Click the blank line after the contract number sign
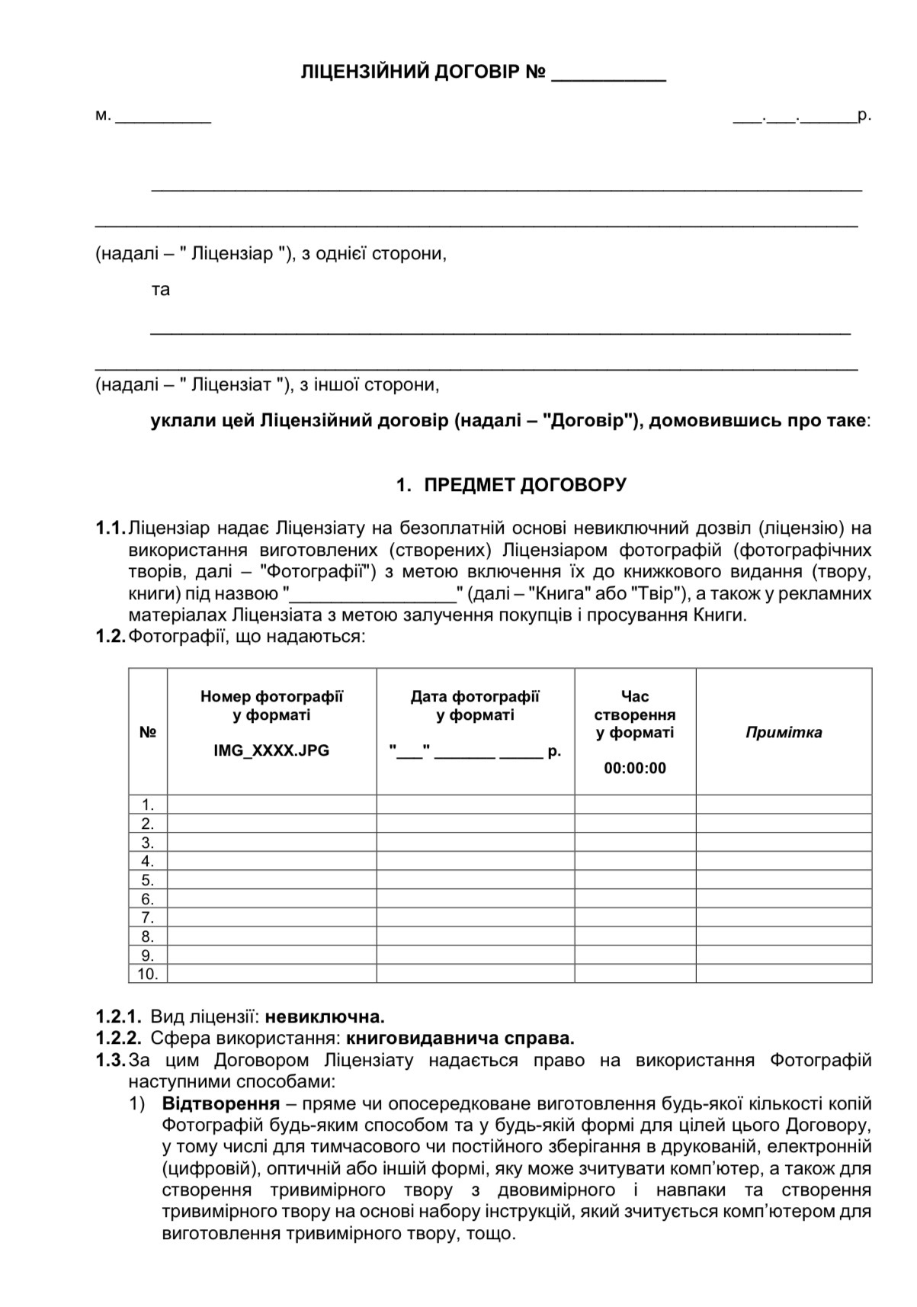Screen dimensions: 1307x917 608,76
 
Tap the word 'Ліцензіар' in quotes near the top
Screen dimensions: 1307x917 232,254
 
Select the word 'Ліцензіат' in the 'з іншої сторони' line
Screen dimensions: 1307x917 232,384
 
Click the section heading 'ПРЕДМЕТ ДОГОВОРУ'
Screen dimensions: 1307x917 525,485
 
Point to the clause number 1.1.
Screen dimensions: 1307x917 110,528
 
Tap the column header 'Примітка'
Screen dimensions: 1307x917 784,733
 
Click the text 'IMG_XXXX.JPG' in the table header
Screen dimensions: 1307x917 271,750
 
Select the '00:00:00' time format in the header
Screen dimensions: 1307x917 635,769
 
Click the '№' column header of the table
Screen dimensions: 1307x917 148,733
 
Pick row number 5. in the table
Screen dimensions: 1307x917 148,880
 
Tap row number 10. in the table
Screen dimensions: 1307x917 147,974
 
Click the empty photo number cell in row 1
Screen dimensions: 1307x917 271,804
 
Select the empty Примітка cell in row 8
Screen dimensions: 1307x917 784,936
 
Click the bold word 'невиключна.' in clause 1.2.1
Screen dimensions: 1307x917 325,1016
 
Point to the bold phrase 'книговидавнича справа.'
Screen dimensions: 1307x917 460,1038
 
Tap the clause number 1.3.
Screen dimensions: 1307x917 110,1060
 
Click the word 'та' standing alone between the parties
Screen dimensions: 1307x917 161,290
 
